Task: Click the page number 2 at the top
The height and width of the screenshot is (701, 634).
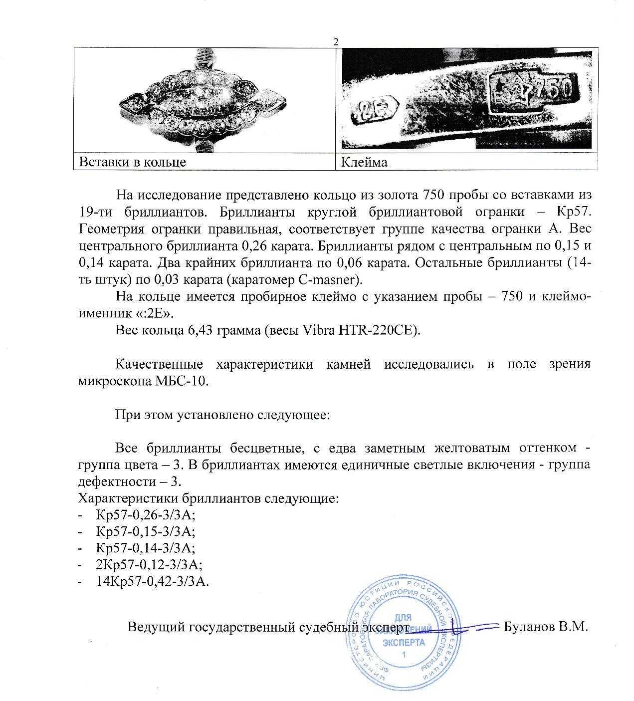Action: [x=336, y=42]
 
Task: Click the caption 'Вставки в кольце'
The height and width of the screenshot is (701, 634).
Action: [x=133, y=162]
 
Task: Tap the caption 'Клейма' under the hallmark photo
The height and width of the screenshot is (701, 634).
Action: [x=364, y=162]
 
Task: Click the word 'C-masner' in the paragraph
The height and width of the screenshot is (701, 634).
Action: [x=333, y=279]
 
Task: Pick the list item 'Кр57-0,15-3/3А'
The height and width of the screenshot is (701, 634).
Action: [x=145, y=531]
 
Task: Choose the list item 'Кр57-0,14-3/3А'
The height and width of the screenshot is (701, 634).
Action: [x=145, y=548]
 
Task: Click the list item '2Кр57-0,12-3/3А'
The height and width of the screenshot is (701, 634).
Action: [x=148, y=564]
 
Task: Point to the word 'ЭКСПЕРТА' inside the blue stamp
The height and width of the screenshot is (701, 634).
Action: [x=404, y=642]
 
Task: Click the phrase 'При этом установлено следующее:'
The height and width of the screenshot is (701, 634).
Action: [x=223, y=415]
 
